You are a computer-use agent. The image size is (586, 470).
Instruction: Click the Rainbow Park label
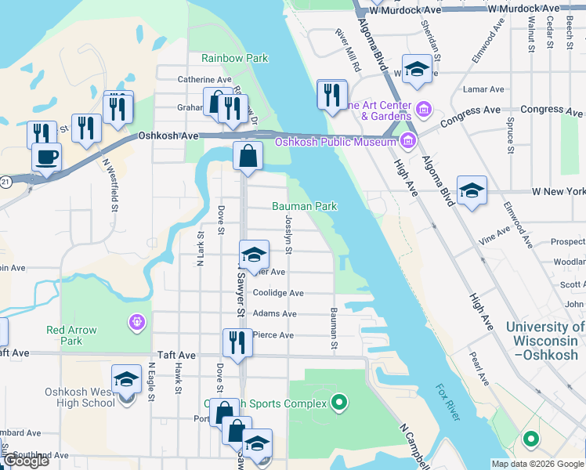tap(234, 58)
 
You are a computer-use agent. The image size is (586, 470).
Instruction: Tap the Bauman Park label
tap(304, 207)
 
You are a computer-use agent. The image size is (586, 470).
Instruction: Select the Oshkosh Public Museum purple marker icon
tap(407, 141)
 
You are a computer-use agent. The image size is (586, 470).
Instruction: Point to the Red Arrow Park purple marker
tap(138, 321)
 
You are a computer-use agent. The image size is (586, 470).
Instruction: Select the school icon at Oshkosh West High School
tap(126, 380)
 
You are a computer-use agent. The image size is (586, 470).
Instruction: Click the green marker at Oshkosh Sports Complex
tap(338, 403)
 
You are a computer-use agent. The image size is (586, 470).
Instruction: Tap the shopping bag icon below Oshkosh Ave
tap(248, 155)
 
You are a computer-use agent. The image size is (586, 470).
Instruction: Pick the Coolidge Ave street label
tap(279, 293)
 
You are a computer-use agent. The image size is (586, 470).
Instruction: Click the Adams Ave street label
tap(275, 314)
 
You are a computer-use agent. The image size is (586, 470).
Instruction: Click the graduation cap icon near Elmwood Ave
tap(472, 190)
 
